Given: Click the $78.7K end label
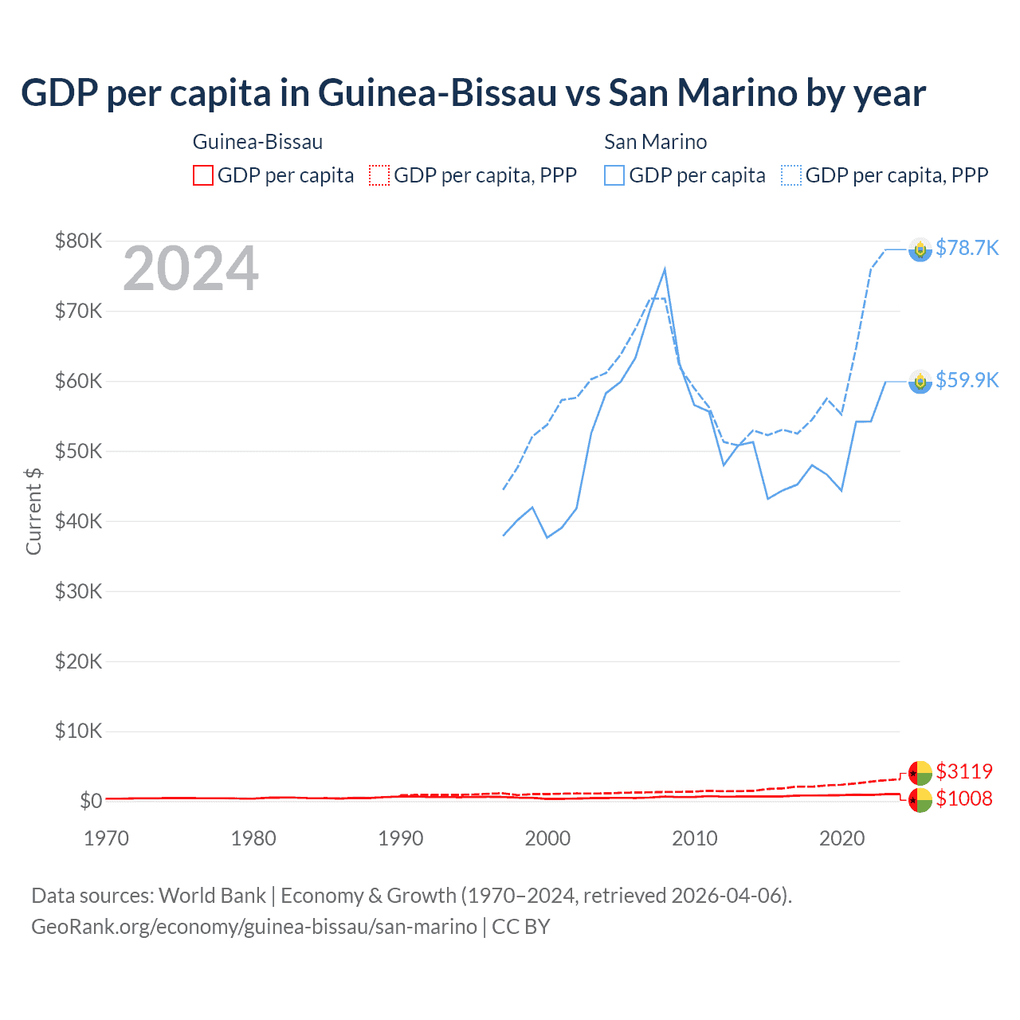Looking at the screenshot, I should (967, 249).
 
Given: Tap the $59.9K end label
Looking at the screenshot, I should (967, 380).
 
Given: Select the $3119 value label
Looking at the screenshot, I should (964, 771).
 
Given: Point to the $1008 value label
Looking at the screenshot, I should (964, 798).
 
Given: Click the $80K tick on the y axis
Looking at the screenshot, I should (78, 241).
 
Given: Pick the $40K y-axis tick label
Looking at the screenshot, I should (78, 521).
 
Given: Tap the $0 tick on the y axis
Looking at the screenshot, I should (91, 801).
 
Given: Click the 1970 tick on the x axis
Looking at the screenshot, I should (106, 838).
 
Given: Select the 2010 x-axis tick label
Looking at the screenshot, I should (695, 838).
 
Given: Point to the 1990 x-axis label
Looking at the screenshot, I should (401, 838).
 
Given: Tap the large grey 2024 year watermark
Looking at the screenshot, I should (190, 269).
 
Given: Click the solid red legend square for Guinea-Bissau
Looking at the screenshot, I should (203, 175).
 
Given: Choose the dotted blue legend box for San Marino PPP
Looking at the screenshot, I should (791, 175).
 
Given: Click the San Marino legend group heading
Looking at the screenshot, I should (655, 142).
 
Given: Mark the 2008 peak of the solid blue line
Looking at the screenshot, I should (665, 270).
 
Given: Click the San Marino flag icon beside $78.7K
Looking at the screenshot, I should (920, 249).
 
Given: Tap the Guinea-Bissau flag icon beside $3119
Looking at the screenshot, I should (920, 773).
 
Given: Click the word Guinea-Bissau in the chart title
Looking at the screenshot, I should (437, 93).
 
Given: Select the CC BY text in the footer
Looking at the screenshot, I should (521, 927).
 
